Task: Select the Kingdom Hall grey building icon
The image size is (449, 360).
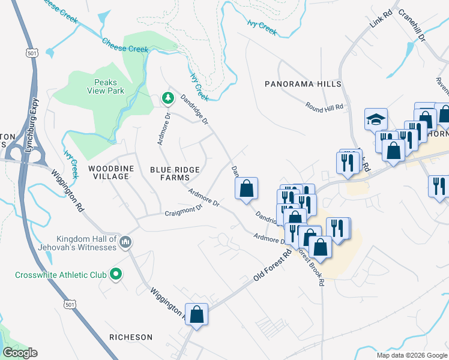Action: [x=125, y=242]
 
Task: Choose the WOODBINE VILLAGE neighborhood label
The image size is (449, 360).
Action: [x=109, y=172]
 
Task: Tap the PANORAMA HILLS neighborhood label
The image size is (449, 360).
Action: [x=303, y=85]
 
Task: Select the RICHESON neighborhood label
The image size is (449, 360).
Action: [x=131, y=337]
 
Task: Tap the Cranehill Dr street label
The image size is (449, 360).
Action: [x=411, y=24]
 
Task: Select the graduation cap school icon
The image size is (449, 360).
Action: [x=376, y=119]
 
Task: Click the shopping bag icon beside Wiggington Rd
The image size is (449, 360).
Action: [x=196, y=314]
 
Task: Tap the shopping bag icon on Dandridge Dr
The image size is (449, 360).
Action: [x=246, y=188]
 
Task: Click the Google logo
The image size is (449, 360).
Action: [x=20, y=353]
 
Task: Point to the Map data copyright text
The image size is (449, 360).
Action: [x=411, y=355]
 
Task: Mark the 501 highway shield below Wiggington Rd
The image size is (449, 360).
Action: [x=70, y=305]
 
